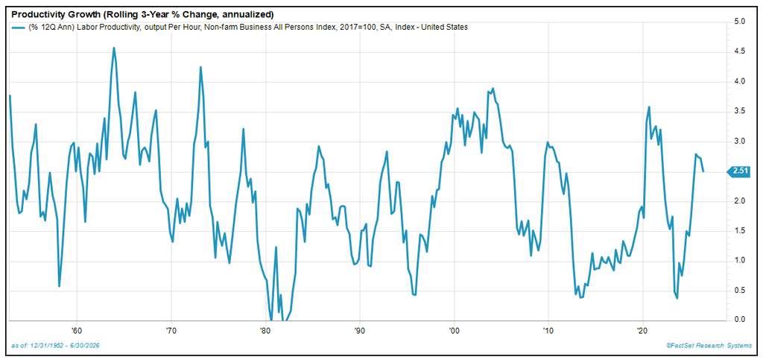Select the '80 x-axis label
coord(266,329)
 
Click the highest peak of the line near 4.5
coord(114,48)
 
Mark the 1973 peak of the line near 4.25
coord(200,67)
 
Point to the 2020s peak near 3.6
coord(649,107)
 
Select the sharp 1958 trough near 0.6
coord(59,285)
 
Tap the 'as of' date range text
coord(55,345)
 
